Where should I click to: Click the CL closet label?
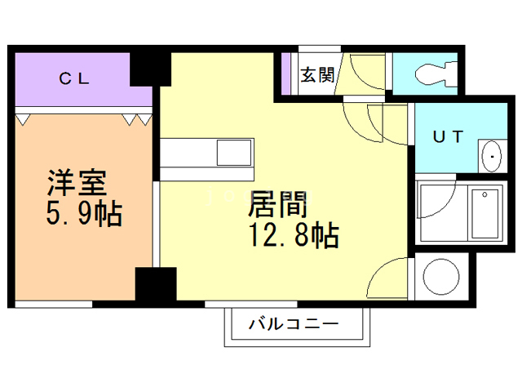[78, 79]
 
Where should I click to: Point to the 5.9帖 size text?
[83, 215]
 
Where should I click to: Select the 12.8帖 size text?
[293, 237]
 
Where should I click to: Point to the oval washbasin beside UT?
[491, 156]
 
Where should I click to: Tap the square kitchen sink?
[234, 153]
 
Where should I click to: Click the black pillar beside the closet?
[150, 69]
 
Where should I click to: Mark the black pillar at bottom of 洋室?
[155, 286]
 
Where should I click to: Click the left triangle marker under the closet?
[24, 119]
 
